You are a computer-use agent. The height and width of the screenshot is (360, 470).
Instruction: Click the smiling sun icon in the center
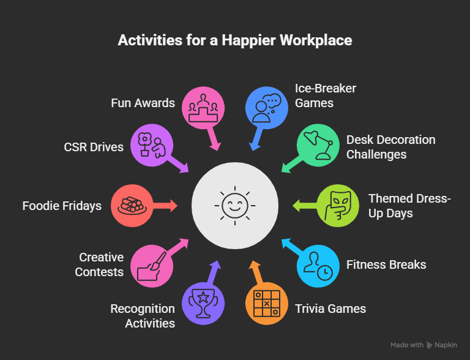[x=235, y=206]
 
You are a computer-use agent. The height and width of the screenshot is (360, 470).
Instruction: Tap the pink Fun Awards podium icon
[x=203, y=108]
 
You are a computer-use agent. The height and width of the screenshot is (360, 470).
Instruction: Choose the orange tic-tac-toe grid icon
[x=266, y=303]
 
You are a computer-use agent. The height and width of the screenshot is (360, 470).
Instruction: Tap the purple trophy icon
[x=203, y=303]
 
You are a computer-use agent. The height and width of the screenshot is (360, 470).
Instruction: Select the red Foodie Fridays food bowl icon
[x=132, y=206]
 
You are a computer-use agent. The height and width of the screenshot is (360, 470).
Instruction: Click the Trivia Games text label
[x=330, y=309]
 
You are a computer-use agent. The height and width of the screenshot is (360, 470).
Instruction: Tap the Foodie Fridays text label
[x=62, y=206]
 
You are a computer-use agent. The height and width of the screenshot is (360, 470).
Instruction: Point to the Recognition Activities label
[x=143, y=316]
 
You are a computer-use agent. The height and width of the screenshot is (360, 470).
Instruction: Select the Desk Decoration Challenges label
[x=390, y=147]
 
